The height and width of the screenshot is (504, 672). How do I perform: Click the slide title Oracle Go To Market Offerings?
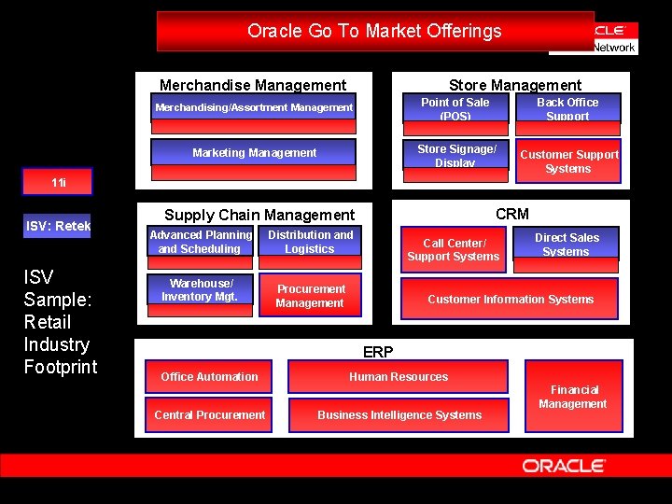pyautogui.click(x=374, y=31)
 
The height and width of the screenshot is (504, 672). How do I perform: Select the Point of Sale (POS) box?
pyautogui.click(x=455, y=108)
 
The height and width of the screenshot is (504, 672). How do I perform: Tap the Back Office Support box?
pyautogui.click(x=567, y=108)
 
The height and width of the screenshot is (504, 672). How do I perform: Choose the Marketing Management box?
pyautogui.click(x=254, y=153)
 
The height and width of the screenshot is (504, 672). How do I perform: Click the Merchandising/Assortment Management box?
pyautogui.click(x=254, y=108)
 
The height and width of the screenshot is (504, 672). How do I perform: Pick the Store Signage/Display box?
pyautogui.click(x=456, y=155)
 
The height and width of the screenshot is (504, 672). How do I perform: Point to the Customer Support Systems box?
pyautogui.click(x=568, y=161)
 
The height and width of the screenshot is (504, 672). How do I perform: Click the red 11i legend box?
pyautogui.click(x=58, y=183)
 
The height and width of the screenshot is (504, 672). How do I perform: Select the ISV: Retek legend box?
pyautogui.click(x=57, y=227)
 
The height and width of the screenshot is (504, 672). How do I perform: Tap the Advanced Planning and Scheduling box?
pyautogui.click(x=201, y=243)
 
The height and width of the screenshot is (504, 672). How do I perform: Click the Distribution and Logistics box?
pyautogui.click(x=310, y=243)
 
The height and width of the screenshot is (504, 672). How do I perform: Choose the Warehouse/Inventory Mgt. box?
pyautogui.click(x=201, y=291)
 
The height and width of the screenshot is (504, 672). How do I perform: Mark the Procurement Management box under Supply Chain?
pyautogui.click(x=310, y=296)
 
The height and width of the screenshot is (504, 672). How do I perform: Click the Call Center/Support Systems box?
pyautogui.click(x=454, y=249)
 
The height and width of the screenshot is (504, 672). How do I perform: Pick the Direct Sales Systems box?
pyautogui.click(x=567, y=245)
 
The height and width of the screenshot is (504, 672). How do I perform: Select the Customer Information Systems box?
pyautogui.click(x=511, y=300)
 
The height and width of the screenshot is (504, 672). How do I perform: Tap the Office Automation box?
pyautogui.click(x=209, y=377)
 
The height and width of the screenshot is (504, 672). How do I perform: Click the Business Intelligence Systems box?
pyautogui.click(x=399, y=415)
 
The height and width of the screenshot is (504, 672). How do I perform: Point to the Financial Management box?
pyautogui.click(x=573, y=397)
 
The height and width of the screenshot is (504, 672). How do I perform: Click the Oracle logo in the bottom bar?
pyautogui.click(x=564, y=466)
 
